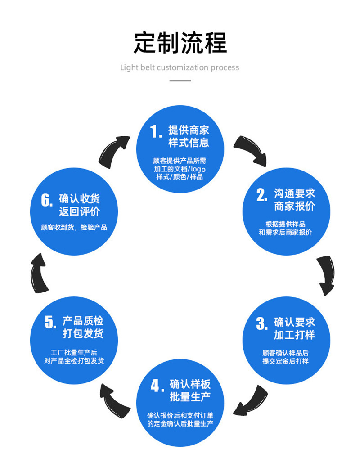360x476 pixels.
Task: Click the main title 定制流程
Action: tap(180, 43)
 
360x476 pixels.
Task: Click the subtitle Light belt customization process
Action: tap(180, 67)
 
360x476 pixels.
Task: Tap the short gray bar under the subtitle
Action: tap(180, 81)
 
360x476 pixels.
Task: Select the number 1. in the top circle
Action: tap(156, 132)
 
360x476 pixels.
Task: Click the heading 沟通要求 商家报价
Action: tap(295, 200)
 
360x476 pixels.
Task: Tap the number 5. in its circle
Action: tap(50, 322)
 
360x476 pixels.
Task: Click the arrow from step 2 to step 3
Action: tap(326, 275)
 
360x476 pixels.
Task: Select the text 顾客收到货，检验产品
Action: tap(74, 227)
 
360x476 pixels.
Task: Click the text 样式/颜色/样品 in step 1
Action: tap(180, 177)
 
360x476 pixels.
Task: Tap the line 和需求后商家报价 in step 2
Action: tap(285, 232)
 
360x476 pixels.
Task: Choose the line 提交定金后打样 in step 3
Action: tap(285, 361)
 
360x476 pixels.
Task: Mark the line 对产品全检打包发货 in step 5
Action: tap(74, 360)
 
